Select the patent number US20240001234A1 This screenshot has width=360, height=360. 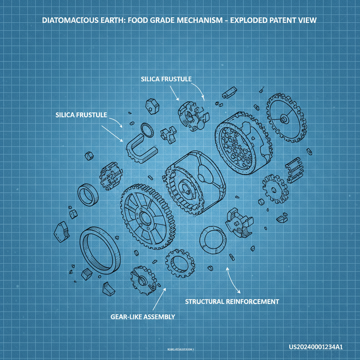click(316, 347)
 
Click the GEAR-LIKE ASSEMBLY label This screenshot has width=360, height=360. click(143, 316)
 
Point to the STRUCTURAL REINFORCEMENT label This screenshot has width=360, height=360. click(232, 301)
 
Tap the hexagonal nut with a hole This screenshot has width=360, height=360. click(152, 107)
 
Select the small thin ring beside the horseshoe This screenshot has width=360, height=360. click(147, 130)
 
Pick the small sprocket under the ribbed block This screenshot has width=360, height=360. click(274, 188)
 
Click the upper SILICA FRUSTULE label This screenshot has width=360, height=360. click(166, 79)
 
